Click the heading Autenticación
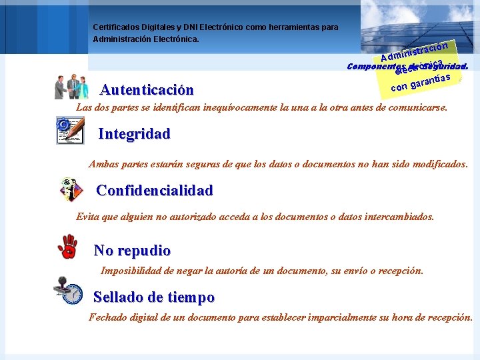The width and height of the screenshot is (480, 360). click(x=147, y=90)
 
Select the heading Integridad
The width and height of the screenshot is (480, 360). click(x=134, y=134)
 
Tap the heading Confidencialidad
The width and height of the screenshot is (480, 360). click(x=155, y=191)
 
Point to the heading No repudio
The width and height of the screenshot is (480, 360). click(x=132, y=251)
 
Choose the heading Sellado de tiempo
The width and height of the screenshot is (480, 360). click(x=154, y=297)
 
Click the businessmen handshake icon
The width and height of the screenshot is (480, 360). click(x=71, y=87)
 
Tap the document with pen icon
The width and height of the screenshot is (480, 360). click(x=69, y=131)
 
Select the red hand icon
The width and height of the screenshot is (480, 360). click(x=67, y=246)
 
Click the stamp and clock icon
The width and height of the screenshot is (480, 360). click(x=68, y=291)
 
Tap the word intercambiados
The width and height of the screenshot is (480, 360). click(x=400, y=217)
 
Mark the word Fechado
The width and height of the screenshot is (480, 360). click(x=108, y=317)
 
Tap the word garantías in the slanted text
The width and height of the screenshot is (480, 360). click(x=431, y=81)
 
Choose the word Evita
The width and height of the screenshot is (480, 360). click(x=87, y=217)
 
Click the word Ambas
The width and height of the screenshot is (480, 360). click(x=104, y=164)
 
